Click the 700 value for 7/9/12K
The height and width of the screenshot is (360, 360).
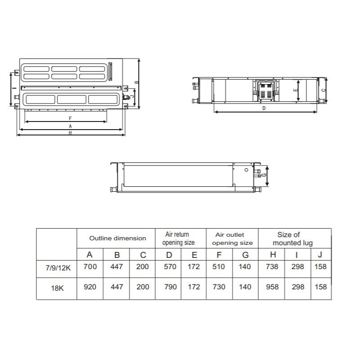coord(90,266)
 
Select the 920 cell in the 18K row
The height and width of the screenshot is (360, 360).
coord(90,287)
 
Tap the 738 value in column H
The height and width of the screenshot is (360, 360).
coord(272,266)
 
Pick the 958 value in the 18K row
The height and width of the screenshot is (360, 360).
coord(272,287)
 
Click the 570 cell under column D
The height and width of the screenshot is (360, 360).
coord(170,266)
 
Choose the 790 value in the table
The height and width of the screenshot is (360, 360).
coord(171,287)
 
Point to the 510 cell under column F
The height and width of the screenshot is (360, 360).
coord(219,266)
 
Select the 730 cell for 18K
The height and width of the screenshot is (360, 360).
coord(219,287)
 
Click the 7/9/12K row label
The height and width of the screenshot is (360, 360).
coord(58,268)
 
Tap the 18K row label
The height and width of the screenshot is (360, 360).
coord(57,288)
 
